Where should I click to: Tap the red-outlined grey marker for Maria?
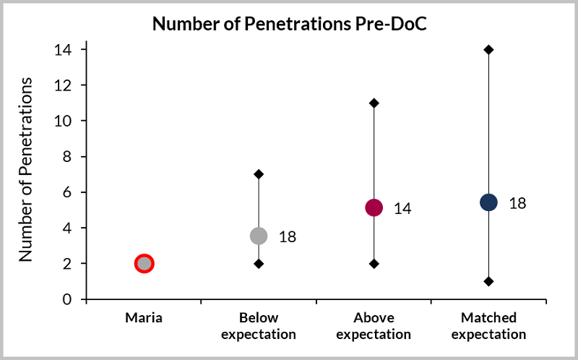click(x=144, y=264)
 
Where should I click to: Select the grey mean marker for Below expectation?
click(x=259, y=236)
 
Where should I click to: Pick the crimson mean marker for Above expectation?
click(x=374, y=208)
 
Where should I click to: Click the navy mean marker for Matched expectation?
click(x=488, y=202)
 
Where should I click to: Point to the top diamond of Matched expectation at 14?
click(x=488, y=49)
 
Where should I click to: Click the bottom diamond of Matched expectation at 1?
click(x=488, y=281)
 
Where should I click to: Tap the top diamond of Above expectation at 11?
click(x=374, y=103)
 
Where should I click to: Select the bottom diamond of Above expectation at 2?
click(x=374, y=264)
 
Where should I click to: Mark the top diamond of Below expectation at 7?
click(x=259, y=174)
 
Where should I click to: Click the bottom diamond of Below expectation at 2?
click(x=259, y=264)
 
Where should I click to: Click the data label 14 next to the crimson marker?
click(x=402, y=209)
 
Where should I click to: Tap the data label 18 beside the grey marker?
click(x=288, y=236)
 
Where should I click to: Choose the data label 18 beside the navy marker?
click(x=517, y=203)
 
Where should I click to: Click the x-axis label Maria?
click(x=144, y=317)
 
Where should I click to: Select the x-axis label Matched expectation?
click(x=488, y=326)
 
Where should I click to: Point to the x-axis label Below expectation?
click(x=259, y=326)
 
